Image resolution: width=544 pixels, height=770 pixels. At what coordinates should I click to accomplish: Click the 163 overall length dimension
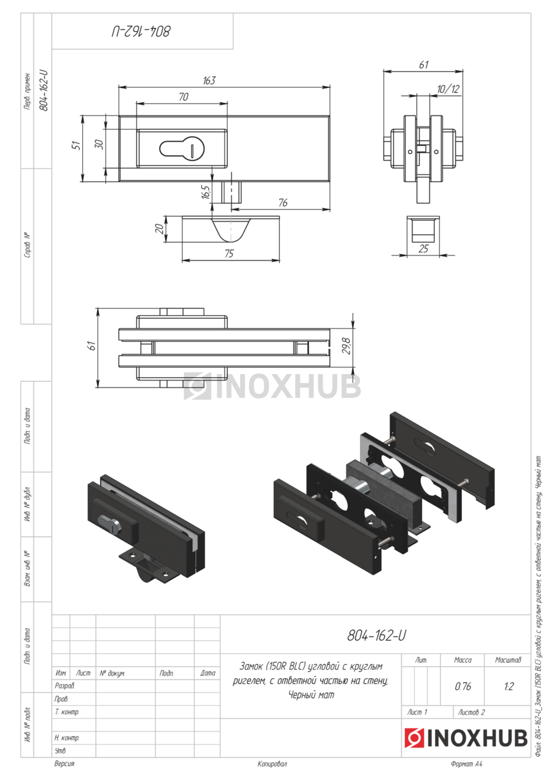(209, 80)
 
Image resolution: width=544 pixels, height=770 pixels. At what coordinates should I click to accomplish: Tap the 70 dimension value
(183, 97)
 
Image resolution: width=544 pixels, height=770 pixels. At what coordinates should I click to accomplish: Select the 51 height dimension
(78, 146)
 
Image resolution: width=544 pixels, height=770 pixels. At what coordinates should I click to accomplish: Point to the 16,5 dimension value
(205, 193)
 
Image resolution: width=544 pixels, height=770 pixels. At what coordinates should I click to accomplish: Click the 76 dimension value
(283, 203)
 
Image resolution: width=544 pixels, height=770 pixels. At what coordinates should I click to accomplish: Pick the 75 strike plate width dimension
(229, 253)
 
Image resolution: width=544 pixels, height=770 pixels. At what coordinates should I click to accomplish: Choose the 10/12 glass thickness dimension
(448, 89)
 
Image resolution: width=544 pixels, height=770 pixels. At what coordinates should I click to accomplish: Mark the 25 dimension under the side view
(423, 249)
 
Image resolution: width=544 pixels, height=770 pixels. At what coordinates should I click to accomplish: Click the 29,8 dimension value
(347, 346)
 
